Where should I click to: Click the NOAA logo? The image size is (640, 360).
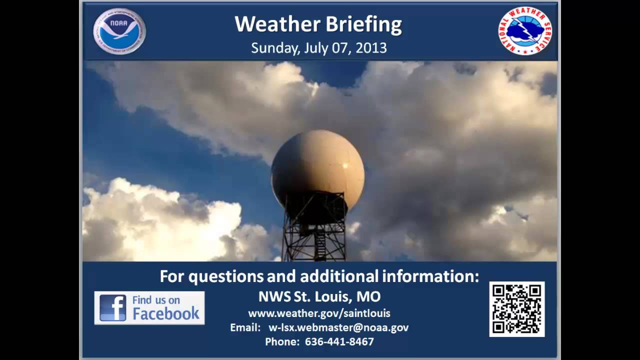(x=119, y=31)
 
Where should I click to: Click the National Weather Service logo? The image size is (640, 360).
(x=524, y=31)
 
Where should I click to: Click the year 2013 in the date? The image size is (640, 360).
(x=371, y=48)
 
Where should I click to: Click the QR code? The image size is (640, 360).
(x=516, y=309)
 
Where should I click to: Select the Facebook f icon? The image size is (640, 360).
(x=112, y=307)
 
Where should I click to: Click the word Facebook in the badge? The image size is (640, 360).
(x=165, y=314)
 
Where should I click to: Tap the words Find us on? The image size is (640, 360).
(x=156, y=300)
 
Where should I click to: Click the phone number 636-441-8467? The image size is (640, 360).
(x=339, y=342)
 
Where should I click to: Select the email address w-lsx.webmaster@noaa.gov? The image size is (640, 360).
(x=338, y=327)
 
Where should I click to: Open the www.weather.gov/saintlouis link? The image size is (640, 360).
(x=319, y=313)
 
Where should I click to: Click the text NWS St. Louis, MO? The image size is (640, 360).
(x=319, y=296)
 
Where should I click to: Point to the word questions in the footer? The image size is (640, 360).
(x=225, y=276)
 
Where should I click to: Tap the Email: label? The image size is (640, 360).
(x=245, y=327)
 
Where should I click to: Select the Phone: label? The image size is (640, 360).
(x=281, y=342)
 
